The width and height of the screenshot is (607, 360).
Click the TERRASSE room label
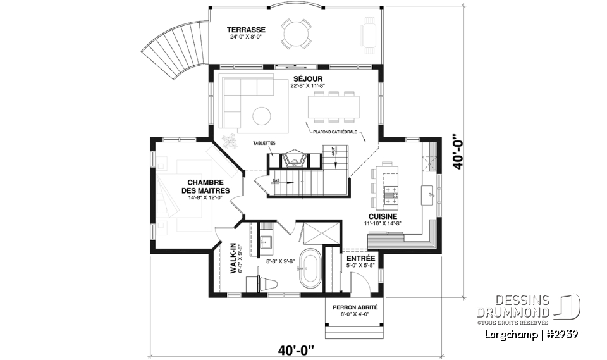pos(246,30)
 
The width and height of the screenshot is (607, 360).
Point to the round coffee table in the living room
pos(262,115)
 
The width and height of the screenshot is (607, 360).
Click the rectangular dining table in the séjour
pos(334,105)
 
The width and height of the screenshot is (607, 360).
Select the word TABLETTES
pos(264,144)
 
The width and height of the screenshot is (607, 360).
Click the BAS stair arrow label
pos(276,180)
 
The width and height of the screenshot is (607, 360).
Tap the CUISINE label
pos(383,216)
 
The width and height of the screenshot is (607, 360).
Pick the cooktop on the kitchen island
pos(391,195)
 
